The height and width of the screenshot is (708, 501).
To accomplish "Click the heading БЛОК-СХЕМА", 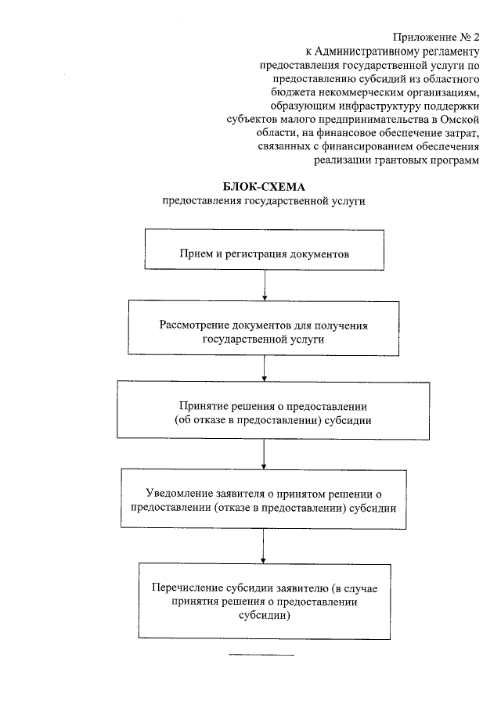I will [x=264, y=187].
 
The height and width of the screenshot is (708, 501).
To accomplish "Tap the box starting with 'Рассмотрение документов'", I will [x=264, y=331].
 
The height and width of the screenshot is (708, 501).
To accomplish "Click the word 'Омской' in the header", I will [x=460, y=120].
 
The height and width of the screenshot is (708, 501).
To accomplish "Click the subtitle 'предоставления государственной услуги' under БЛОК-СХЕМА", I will [x=264, y=201].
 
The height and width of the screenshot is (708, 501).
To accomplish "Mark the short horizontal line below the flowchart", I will [x=261, y=654].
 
